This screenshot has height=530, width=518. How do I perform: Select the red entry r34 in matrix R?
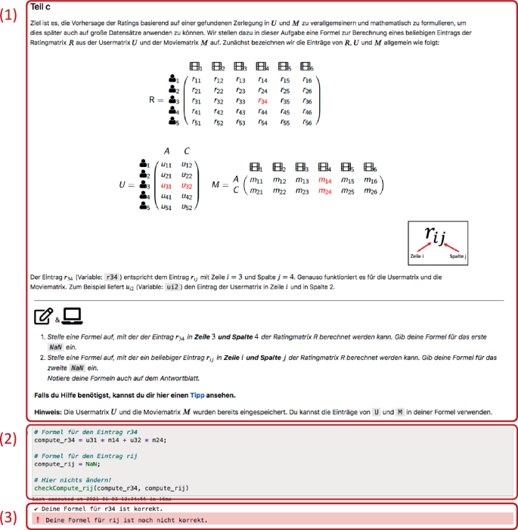coord(262,101)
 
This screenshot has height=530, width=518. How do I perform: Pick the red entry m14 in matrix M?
coord(325,181)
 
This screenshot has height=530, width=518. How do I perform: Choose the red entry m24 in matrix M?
coord(325,191)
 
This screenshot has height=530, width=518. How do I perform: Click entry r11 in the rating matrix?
coord(196,79)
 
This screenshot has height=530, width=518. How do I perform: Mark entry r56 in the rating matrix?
coord(306,122)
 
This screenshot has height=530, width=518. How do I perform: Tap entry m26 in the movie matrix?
coord(370,191)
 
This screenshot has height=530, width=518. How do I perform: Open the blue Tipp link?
coord(197,395)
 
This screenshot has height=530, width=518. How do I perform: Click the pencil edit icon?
coord(43,316)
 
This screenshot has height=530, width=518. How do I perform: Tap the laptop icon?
coord(72,316)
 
